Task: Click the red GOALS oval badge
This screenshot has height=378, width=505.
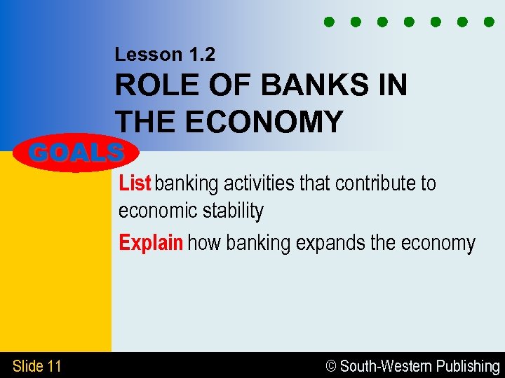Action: [77, 152]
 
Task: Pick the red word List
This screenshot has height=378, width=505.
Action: [135, 183]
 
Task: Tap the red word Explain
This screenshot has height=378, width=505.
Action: [151, 243]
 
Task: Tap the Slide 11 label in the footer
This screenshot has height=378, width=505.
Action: [37, 365]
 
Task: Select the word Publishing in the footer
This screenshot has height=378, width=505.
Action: [469, 366]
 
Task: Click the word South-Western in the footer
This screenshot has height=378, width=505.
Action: [386, 366]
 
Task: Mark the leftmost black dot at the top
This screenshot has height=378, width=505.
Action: [329, 22]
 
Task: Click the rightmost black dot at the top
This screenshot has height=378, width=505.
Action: [489, 22]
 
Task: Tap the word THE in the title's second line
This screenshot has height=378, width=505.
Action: [144, 122]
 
